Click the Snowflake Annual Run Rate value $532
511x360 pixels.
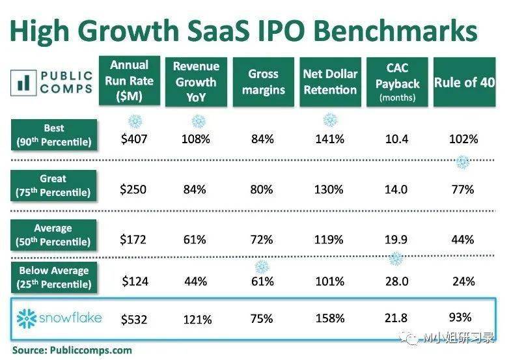click(135, 319)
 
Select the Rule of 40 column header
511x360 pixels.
click(463, 83)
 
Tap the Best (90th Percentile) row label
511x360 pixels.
click(53, 135)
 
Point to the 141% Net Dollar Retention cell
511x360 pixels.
click(330, 139)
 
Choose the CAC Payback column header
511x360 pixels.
click(397, 83)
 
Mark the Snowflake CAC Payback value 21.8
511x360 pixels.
click(396, 318)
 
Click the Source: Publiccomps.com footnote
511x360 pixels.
click(72, 350)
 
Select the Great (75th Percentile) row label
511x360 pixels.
click(53, 185)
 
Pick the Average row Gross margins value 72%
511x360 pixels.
click(262, 240)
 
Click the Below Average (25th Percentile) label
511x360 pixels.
click(53, 277)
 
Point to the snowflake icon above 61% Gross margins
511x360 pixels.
click(262, 267)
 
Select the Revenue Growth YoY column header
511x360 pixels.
click(195, 83)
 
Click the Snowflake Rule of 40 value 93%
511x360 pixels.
click(460, 317)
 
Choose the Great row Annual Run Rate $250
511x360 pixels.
click(134, 189)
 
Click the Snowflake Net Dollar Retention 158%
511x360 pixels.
click(330, 319)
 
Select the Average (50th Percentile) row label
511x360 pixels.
click(53, 235)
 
